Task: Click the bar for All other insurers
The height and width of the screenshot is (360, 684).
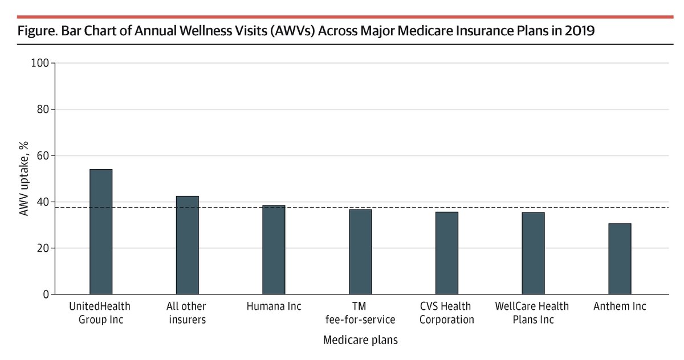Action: (x=188, y=245)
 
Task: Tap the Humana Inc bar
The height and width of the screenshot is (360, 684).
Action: (x=274, y=250)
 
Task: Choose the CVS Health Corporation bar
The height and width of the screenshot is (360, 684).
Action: (x=447, y=253)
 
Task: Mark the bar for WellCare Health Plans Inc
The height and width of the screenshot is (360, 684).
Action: (x=533, y=253)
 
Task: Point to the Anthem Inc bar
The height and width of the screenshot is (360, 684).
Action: (x=620, y=259)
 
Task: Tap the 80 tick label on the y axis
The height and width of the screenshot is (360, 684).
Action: (x=42, y=109)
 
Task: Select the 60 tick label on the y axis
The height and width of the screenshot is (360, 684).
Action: (x=42, y=156)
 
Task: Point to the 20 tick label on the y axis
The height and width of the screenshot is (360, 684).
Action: (x=42, y=248)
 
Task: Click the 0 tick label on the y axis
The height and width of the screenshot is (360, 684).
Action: (x=44, y=294)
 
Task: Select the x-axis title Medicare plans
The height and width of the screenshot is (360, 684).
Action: (x=360, y=341)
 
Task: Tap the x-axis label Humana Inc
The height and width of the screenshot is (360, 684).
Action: (x=274, y=306)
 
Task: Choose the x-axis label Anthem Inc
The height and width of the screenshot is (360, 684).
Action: (x=620, y=306)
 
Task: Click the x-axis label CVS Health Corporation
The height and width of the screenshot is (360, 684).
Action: (x=447, y=313)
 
